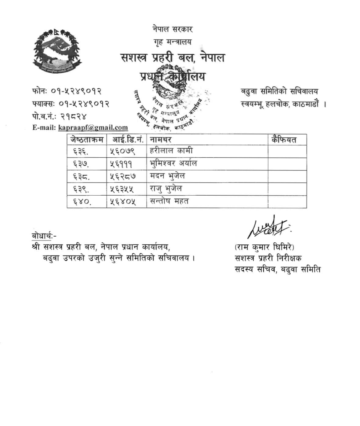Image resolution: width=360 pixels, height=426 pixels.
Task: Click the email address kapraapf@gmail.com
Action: point(93,127)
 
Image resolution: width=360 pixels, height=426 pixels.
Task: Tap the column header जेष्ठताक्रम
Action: point(87,140)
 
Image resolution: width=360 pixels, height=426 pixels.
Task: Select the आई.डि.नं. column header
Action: point(127,140)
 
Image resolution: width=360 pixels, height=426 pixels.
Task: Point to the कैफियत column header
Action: point(284,140)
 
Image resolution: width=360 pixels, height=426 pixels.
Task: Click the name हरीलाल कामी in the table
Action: point(171,151)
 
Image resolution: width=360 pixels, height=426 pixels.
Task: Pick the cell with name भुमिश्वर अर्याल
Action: point(173,163)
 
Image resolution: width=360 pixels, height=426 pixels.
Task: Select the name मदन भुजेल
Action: point(167,176)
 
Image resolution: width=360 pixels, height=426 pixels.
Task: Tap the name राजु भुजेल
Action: point(166,189)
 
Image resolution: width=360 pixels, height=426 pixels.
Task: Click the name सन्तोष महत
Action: point(169,201)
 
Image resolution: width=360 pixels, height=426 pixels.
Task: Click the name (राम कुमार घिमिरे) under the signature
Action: point(264,247)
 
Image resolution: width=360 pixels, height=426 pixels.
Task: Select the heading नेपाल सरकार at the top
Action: point(173,29)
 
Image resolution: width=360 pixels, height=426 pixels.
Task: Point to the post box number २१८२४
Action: point(73,116)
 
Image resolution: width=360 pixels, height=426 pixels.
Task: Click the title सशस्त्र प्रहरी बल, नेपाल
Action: point(173,58)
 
